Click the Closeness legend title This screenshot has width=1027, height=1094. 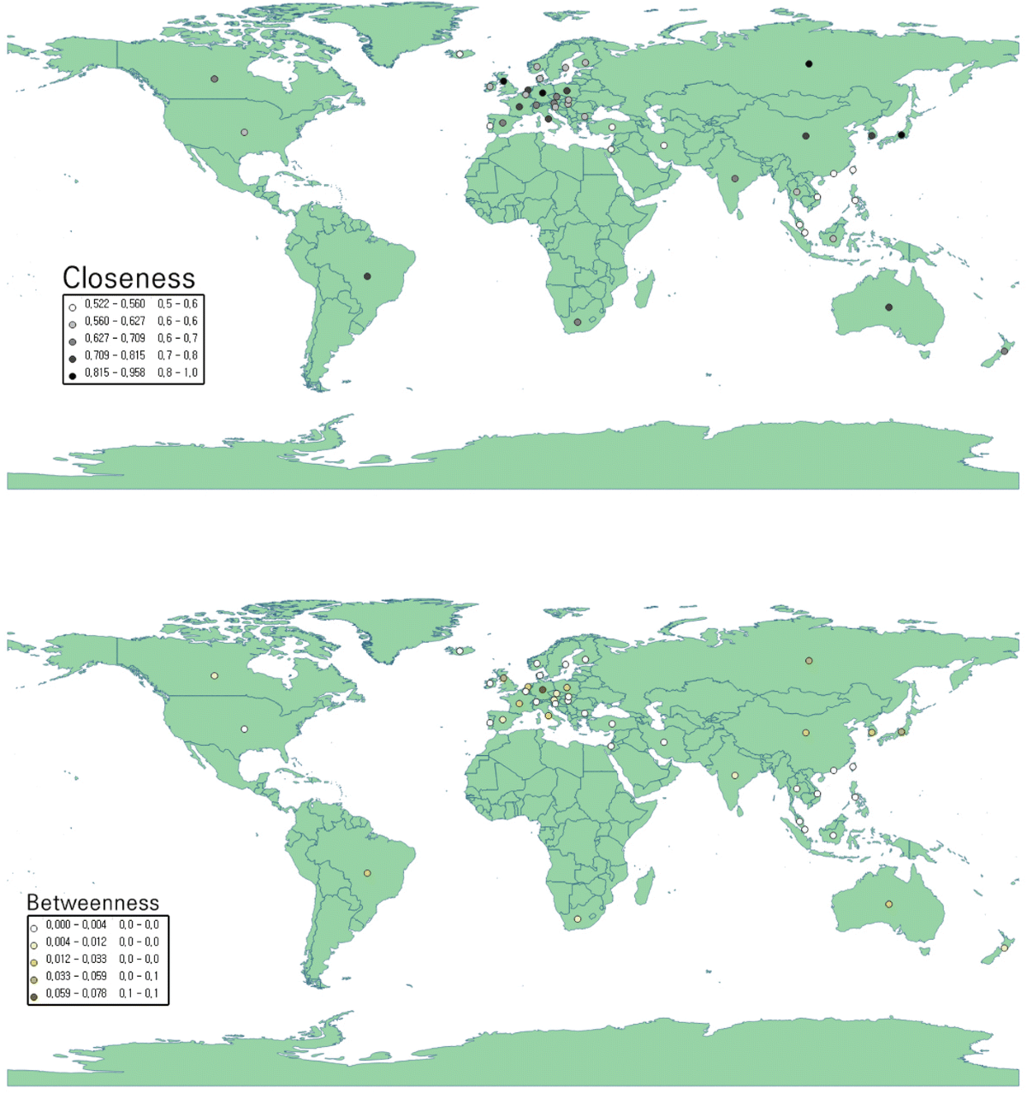point(128,278)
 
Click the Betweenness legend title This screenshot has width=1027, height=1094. point(92,902)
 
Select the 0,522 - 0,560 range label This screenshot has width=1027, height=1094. point(115,304)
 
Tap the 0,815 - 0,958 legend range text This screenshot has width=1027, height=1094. point(115,372)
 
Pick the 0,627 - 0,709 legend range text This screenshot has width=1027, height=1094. point(115,338)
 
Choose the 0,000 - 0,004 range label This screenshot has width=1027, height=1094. point(76,925)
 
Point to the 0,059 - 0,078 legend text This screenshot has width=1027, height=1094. point(76,994)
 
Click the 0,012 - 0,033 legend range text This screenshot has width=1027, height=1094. point(76,960)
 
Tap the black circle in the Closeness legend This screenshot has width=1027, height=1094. point(73,375)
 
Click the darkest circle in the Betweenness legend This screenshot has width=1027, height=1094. point(34,996)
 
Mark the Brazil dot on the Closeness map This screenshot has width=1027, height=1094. point(367,276)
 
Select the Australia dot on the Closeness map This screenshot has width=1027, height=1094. point(888,307)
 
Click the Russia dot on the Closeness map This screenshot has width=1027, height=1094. point(809,64)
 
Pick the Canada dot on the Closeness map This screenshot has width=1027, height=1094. point(214,79)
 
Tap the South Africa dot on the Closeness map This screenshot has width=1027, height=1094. point(578,323)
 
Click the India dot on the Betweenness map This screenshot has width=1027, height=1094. point(734,776)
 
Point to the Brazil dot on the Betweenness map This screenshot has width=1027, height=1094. point(367,873)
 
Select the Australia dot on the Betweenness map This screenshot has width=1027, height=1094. point(888,904)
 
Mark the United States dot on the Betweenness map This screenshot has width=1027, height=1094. point(244,729)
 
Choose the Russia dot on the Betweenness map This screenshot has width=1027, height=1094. point(809,660)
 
